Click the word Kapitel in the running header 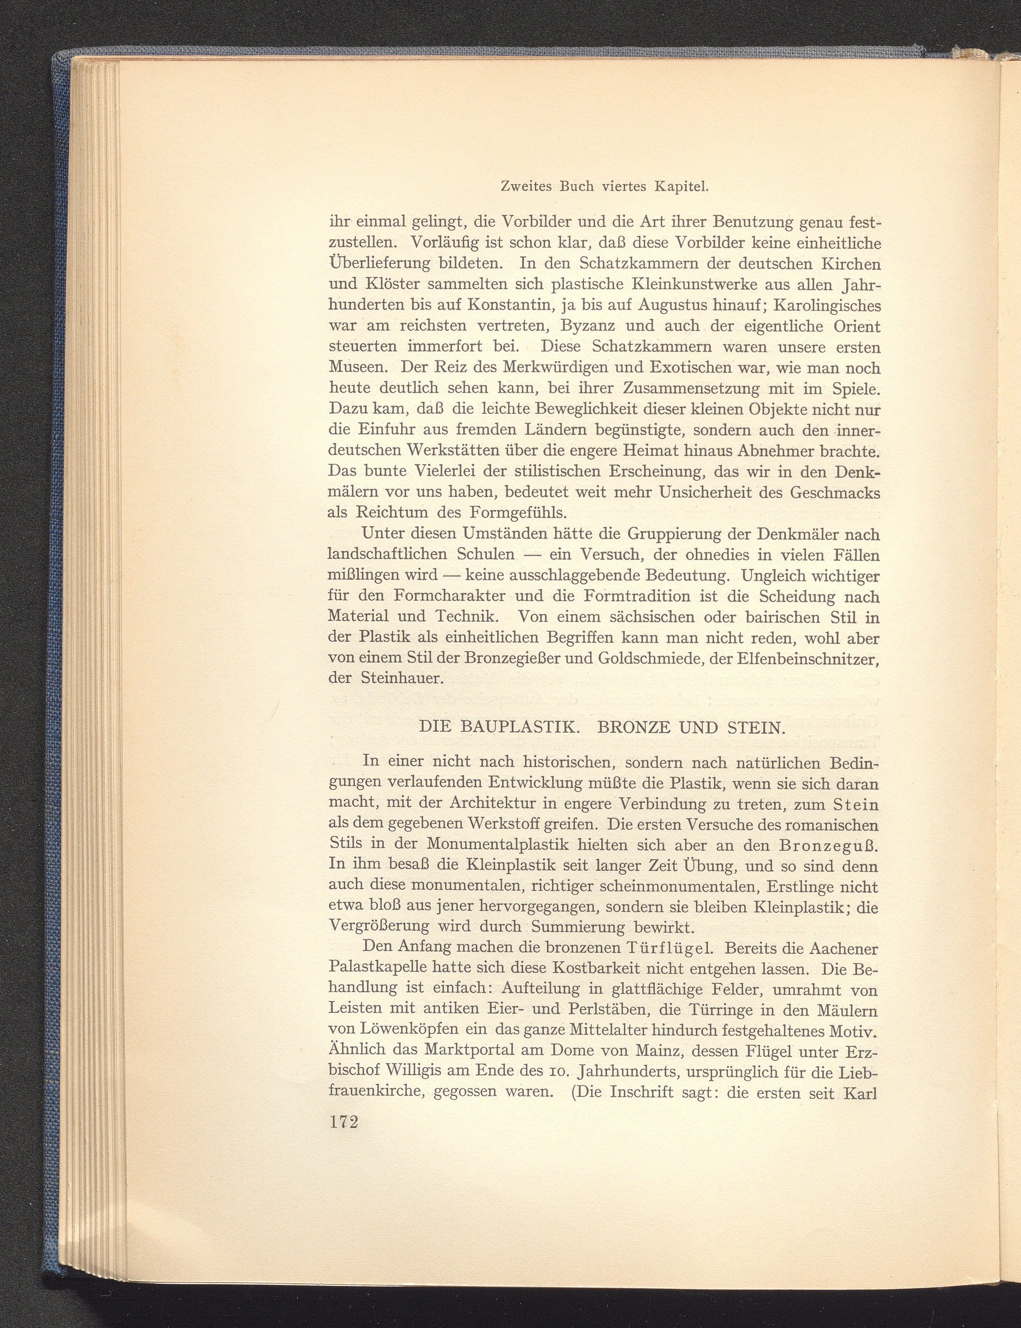(680, 188)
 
